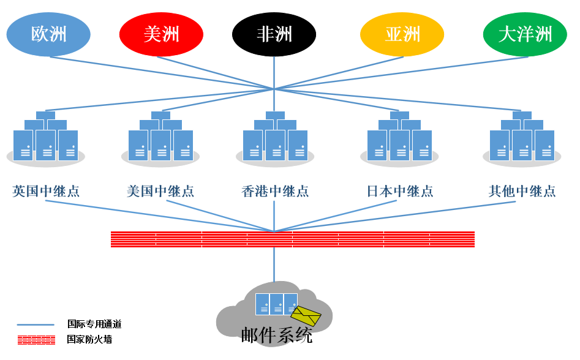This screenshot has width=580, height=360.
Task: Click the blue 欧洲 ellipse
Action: pyautogui.click(x=48, y=34)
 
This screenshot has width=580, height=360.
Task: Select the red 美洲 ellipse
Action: pyautogui.click(x=161, y=34)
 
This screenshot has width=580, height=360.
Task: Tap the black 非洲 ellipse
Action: pyautogui.click(x=274, y=34)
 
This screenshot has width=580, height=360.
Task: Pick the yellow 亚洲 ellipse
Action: pyautogui.click(x=402, y=34)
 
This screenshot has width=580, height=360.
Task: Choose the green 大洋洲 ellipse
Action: pyautogui.click(x=525, y=34)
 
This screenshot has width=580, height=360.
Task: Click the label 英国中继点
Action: pyautogui.click(x=46, y=191)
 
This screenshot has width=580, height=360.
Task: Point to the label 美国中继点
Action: pyautogui.click(x=160, y=191)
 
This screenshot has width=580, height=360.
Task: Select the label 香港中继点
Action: pyautogui.click(x=275, y=191)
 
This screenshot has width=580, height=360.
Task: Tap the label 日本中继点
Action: pyautogui.click(x=400, y=191)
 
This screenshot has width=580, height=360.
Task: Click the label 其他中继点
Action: pyautogui.click(x=522, y=191)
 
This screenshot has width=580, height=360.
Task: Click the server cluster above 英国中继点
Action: pyautogui.click(x=46, y=140)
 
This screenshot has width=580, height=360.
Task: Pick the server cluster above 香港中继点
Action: pyautogui.click(x=275, y=140)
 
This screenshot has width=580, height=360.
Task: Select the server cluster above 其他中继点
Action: pyautogui.click(x=522, y=140)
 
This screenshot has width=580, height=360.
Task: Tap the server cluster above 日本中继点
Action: pyautogui.click(x=400, y=140)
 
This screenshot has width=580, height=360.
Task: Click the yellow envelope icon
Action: pyautogui.click(x=306, y=316)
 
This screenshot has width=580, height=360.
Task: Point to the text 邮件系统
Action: pyautogui.click(x=277, y=336)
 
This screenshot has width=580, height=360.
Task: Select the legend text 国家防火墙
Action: pyautogui.click(x=89, y=339)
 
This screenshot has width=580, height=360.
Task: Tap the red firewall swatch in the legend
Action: pyautogui.click(x=36, y=340)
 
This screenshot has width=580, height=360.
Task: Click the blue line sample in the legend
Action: pyautogui.click(x=36, y=325)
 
